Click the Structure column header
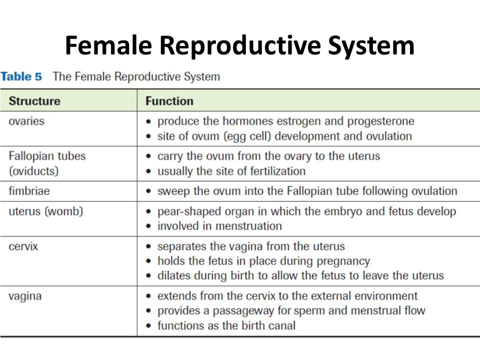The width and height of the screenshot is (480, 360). pos(34,101)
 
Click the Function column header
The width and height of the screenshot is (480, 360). pos(169,101)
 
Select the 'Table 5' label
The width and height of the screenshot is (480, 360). pos(21,76)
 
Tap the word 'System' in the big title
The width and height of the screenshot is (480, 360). pos(371,46)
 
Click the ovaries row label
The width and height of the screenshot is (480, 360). pos(26,121)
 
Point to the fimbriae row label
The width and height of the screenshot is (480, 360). pos(29,191)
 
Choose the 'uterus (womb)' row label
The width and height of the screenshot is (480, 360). pos(46,211)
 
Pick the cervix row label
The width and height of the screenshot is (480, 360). pos(23,246)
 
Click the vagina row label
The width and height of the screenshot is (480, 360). pos(25,296)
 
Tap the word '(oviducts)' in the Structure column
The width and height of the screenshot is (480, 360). pos(33,171)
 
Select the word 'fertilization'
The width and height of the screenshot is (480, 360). pos(277,171)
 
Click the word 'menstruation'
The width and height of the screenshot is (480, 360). pos(248,226)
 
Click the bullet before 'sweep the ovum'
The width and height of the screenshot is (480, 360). pos(149,191)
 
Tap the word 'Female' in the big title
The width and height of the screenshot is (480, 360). pos(108,45)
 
